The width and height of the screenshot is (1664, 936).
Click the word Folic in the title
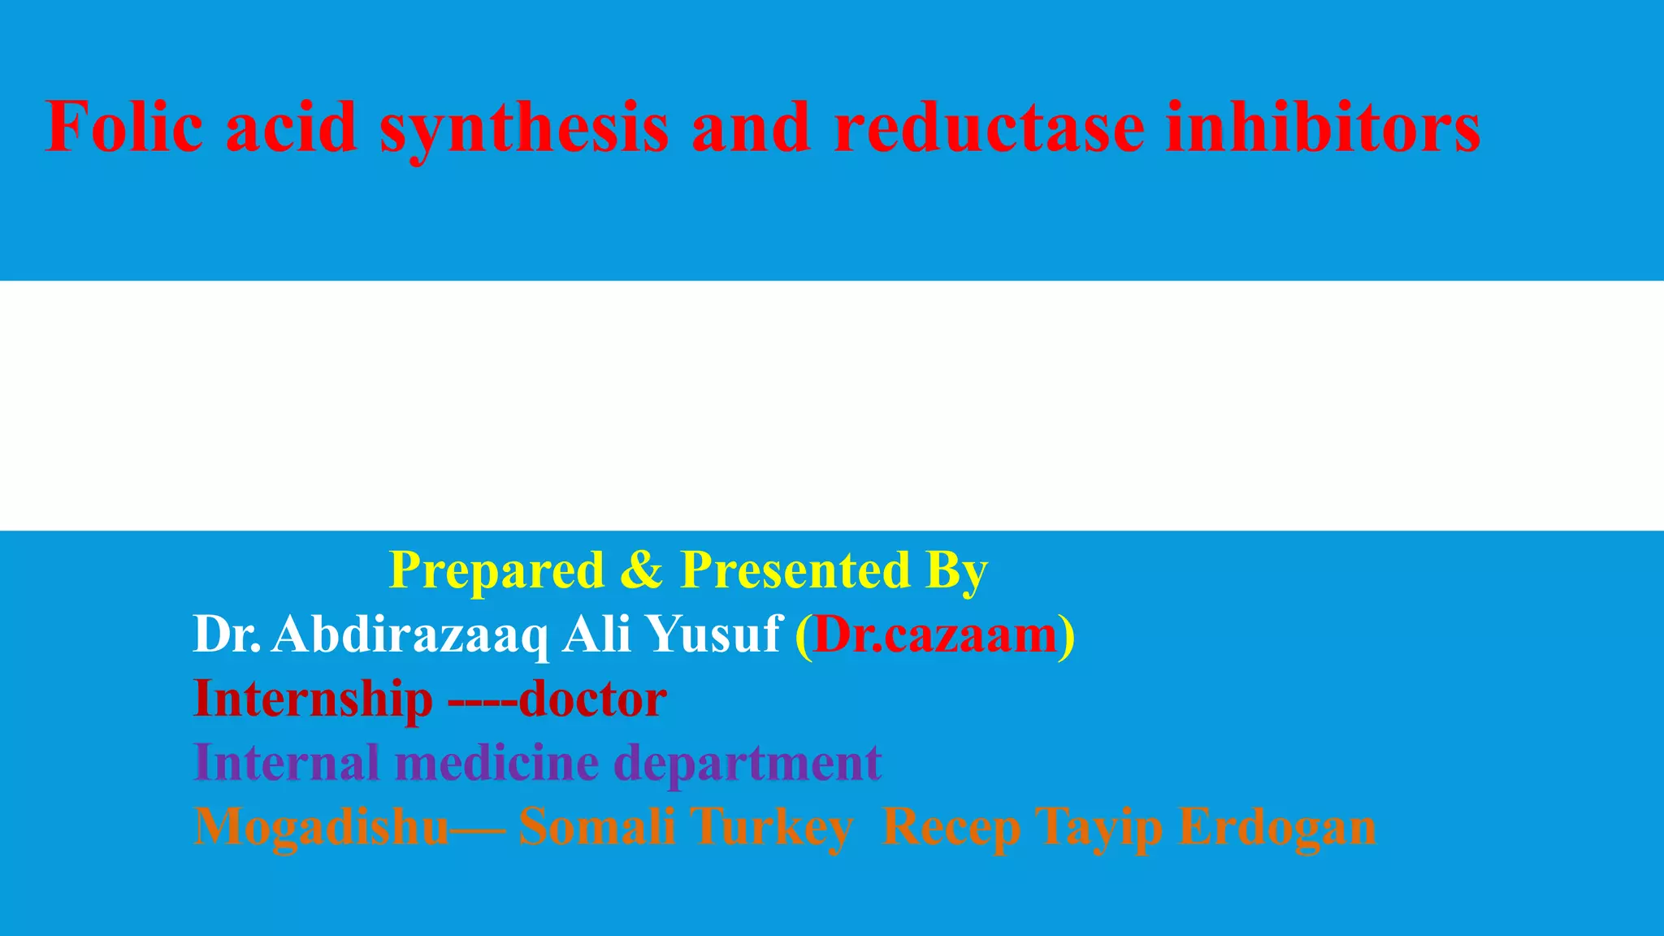[x=123, y=127]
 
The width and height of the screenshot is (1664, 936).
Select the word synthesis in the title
[x=524, y=128]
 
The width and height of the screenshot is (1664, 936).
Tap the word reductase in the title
[x=989, y=127]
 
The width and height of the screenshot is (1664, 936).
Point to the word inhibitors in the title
[x=1323, y=127]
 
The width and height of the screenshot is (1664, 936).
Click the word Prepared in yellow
[x=496, y=570]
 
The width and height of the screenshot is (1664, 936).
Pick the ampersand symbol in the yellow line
[x=642, y=570]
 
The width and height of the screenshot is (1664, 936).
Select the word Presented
[x=795, y=570]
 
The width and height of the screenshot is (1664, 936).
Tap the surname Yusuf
[x=715, y=634]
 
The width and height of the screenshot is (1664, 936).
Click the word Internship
[x=313, y=699]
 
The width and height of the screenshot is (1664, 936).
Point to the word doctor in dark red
[x=592, y=699]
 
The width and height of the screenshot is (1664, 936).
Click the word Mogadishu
[x=322, y=827]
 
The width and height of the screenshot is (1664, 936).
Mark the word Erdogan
[x=1277, y=827]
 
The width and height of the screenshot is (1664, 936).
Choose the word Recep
[x=951, y=827]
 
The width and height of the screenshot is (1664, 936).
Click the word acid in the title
[x=291, y=127]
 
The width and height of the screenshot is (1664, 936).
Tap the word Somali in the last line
[x=597, y=827]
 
